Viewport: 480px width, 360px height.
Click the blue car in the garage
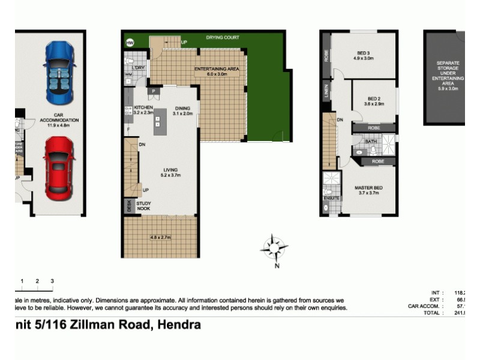(59, 73)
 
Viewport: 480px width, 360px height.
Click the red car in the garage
(59, 169)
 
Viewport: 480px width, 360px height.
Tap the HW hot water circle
(130, 43)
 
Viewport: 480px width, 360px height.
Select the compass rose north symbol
(274, 248)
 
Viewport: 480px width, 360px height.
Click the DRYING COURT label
(223, 38)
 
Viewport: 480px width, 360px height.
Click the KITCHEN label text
(143, 107)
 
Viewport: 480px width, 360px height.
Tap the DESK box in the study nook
(129, 206)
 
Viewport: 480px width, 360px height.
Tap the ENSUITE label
(332, 197)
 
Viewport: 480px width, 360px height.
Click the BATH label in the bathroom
(371, 142)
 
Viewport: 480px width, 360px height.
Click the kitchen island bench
(160, 121)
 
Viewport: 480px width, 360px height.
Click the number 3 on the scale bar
(52, 281)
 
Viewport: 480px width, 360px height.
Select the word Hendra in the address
(179, 325)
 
